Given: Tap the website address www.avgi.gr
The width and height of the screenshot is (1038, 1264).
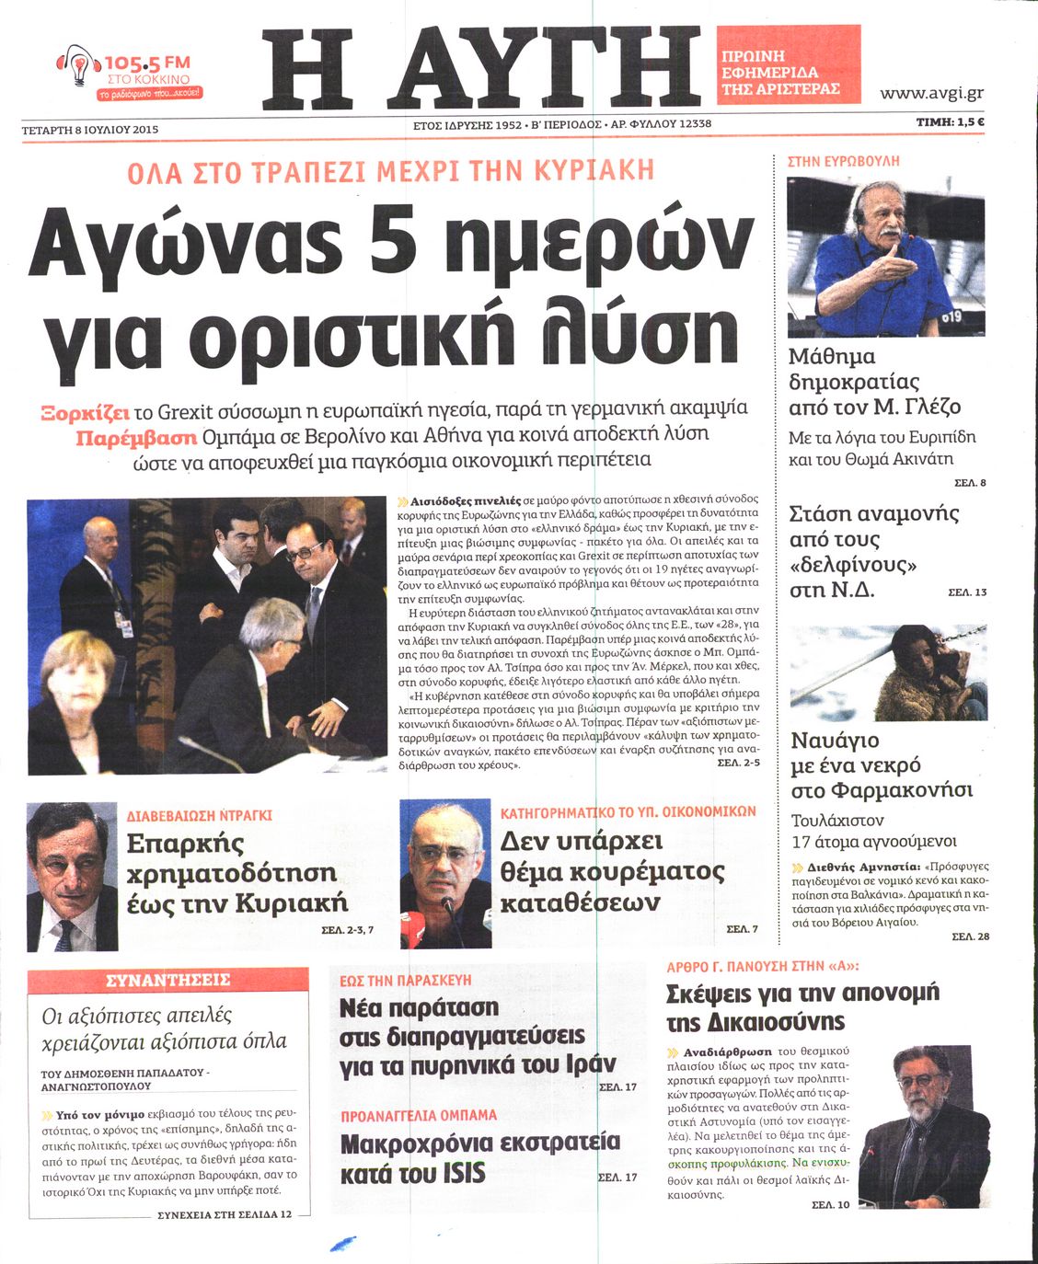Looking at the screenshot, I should (931, 93).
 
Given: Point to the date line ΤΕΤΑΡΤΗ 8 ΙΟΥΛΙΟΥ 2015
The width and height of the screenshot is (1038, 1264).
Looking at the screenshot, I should (90, 130).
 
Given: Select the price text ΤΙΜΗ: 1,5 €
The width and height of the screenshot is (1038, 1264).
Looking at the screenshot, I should (950, 121).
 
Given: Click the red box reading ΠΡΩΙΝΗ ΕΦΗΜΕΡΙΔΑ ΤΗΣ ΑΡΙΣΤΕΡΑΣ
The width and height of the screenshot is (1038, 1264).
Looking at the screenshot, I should (788, 64).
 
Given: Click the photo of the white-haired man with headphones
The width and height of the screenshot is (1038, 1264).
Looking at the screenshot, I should (885, 257).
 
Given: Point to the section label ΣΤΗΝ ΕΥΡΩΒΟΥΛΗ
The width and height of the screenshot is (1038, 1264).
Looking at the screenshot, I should (843, 161).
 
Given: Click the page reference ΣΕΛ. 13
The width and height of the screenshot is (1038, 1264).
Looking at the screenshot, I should (967, 592).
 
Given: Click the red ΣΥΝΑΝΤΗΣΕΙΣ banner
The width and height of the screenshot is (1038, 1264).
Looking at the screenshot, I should (168, 980).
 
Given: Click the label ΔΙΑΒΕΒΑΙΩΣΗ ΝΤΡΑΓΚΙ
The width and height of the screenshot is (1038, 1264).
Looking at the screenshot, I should (199, 815).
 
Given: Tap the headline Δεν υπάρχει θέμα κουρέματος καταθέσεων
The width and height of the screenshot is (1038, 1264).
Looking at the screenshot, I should (612, 871).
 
